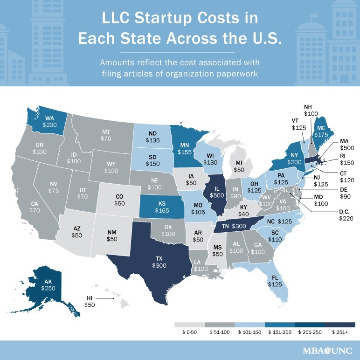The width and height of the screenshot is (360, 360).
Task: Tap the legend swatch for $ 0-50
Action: [x=189, y=325]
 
